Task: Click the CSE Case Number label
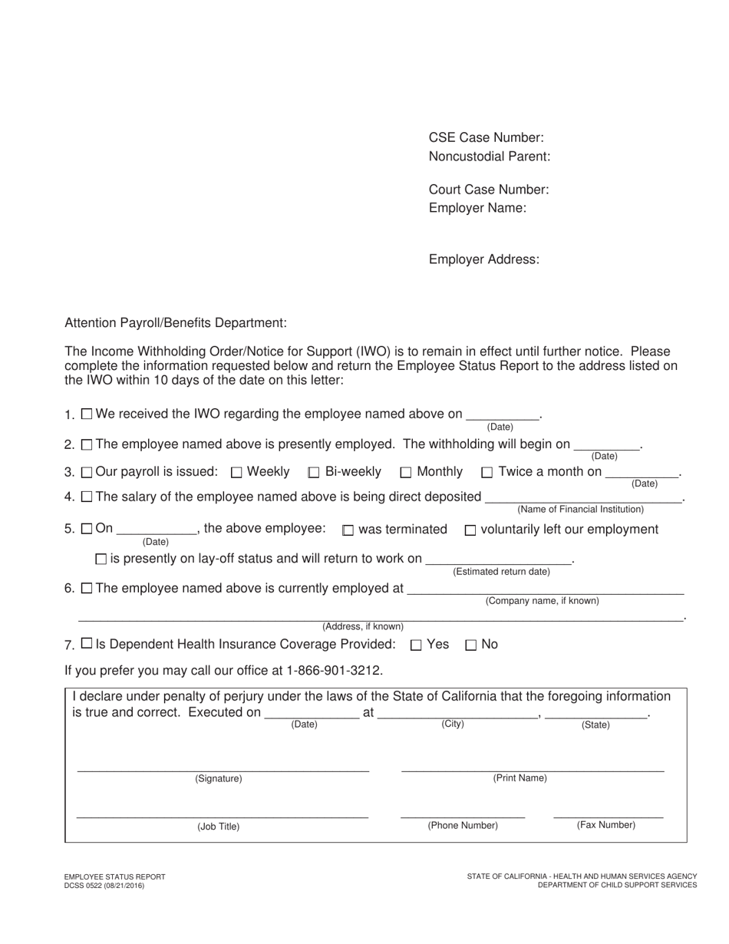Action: coord(486,138)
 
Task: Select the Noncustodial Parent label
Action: coord(489,157)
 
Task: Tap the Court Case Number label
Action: coord(488,190)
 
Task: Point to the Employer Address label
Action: coord(483,259)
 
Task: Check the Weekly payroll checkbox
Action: coord(236,473)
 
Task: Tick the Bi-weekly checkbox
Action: coord(313,473)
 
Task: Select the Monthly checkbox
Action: coord(406,473)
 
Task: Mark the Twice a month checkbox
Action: coord(487,473)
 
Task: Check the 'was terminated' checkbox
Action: coord(348,530)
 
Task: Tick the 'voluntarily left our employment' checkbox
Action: coord(470,530)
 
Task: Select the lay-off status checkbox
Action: coord(101,559)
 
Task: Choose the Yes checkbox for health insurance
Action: coord(416,645)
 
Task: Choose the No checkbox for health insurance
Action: coord(471,645)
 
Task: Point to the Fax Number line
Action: coord(608,814)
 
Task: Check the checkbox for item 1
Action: coord(87,414)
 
